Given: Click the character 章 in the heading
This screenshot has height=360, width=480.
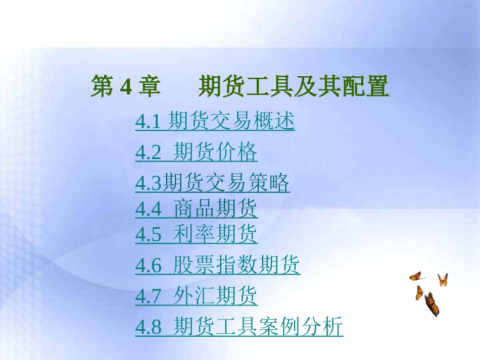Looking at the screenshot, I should click(150, 87).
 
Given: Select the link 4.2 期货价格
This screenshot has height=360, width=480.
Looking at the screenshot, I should click(196, 152).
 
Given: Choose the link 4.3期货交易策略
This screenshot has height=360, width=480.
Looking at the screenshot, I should click(212, 183).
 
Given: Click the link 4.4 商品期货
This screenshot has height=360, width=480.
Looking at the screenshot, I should click(196, 209).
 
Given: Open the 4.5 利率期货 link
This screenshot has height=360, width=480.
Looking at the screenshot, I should click(196, 234).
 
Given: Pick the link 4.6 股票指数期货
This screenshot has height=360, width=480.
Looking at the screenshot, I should click(217, 265).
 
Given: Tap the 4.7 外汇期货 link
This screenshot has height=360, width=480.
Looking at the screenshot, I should click(196, 296).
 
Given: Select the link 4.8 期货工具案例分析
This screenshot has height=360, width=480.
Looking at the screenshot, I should click(239, 327).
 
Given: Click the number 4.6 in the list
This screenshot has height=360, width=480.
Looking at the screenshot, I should click(148, 266).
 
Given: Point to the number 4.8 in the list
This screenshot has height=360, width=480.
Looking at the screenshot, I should click(148, 327).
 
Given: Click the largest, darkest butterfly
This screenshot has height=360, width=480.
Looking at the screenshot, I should click(431, 304).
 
